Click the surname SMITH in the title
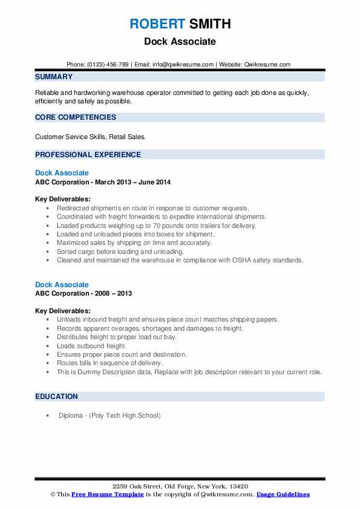tap(209, 24)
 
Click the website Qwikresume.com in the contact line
tap(267, 65)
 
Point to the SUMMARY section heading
tap(54, 77)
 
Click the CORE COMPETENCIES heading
tap(76, 117)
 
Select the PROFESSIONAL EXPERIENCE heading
tap(88, 155)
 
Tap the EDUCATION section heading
tap(56, 397)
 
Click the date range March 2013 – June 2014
tap(133, 182)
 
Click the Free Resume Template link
tap(108, 494)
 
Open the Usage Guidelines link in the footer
tap(283, 494)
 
